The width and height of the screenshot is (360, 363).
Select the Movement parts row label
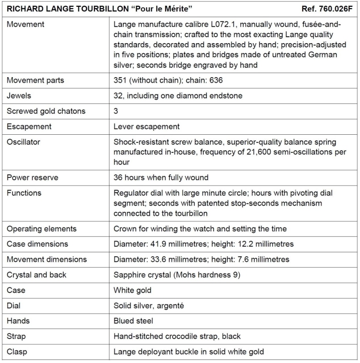point(35,80)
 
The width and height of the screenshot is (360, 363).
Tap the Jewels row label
point(19,96)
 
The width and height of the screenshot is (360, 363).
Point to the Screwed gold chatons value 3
point(116,111)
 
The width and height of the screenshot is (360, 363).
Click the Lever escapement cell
point(147,127)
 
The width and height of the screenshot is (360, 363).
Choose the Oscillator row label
point(24,142)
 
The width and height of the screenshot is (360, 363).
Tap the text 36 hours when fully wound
point(161,177)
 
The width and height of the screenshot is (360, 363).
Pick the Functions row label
point(24,193)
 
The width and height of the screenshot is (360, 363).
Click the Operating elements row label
point(42,229)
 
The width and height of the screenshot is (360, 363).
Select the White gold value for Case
point(133,290)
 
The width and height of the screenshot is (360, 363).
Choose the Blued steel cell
point(133,321)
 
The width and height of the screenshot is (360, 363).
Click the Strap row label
point(16,336)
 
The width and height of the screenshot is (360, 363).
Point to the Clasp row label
point(16,352)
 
